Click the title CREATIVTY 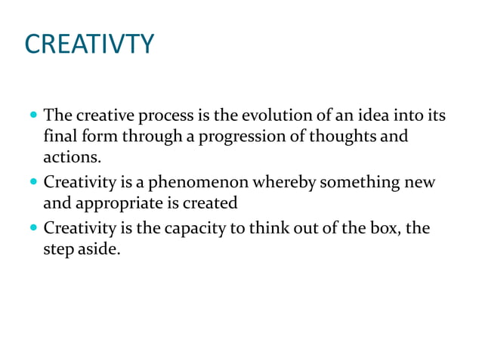tap(89, 43)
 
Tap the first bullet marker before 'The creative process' tap(32, 118)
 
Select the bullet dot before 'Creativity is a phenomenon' tap(32, 183)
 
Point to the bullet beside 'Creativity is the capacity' tap(32, 227)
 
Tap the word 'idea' tap(363, 117)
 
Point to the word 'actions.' tap(72, 158)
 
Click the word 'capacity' tap(191, 227)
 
